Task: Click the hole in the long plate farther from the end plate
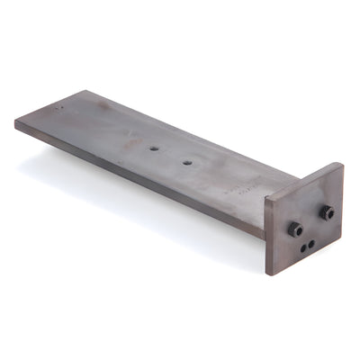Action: coord(154,148)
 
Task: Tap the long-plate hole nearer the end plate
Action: coord(187,164)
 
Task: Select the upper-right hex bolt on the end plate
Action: coord(327,212)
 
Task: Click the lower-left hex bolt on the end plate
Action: coord(295,229)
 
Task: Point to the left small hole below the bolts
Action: coord(303,247)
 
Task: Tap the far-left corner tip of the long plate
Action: coord(15,121)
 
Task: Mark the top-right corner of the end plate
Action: coord(343,164)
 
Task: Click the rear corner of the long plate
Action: coord(87,90)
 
